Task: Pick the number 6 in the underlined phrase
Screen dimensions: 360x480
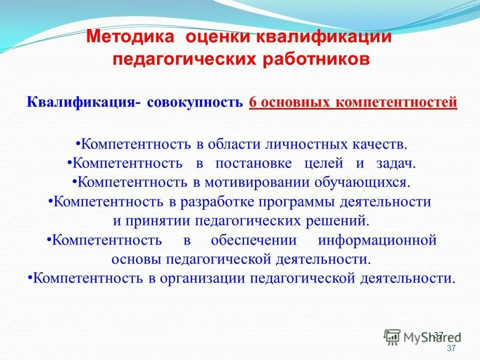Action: (x=252, y=102)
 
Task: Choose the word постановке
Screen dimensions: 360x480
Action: (x=254, y=163)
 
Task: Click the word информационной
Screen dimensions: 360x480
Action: (x=377, y=240)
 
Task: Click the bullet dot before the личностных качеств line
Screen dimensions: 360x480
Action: (x=78, y=143)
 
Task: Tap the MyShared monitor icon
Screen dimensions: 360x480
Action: (x=392, y=336)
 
